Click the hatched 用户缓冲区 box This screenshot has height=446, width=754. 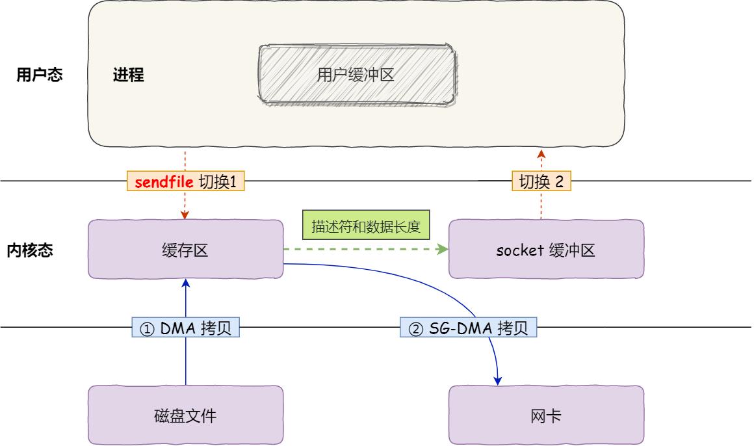coord(356,74)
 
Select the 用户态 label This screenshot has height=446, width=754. coord(40,75)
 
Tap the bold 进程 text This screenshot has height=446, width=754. coord(128,75)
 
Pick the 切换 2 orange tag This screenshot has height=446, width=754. coord(541,182)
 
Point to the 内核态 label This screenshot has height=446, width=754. coord(31,250)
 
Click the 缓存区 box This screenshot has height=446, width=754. coord(185,250)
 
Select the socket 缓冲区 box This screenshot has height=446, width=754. coord(546,250)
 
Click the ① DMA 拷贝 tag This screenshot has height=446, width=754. coord(185,328)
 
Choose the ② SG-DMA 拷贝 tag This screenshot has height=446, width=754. coord(468,328)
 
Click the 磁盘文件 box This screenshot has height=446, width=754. coord(185,415)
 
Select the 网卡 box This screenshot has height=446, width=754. coord(546,415)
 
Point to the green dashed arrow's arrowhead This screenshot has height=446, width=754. coord(444,249)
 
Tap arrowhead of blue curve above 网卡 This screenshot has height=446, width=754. coord(499,381)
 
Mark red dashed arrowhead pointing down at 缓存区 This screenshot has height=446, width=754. coord(185,215)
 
